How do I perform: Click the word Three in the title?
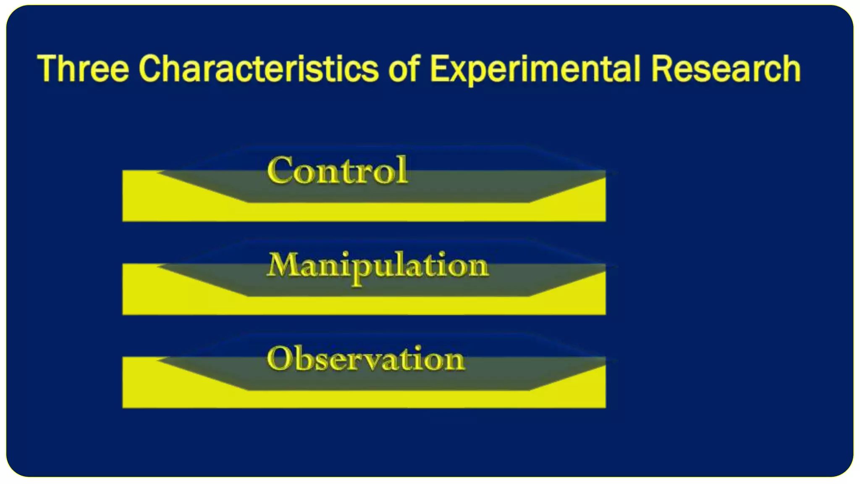click(83, 68)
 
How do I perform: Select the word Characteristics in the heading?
click(258, 68)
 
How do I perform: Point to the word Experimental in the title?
click(536, 69)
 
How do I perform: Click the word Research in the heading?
click(726, 68)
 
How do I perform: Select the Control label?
click(337, 170)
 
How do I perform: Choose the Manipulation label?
click(378, 266)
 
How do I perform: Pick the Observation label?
click(366, 359)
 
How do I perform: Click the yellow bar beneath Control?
click(364, 212)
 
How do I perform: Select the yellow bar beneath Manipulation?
click(364, 306)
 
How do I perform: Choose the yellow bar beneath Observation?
click(364, 399)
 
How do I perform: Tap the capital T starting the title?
click(47, 68)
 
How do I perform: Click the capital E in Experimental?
click(440, 68)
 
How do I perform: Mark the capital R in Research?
click(663, 68)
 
